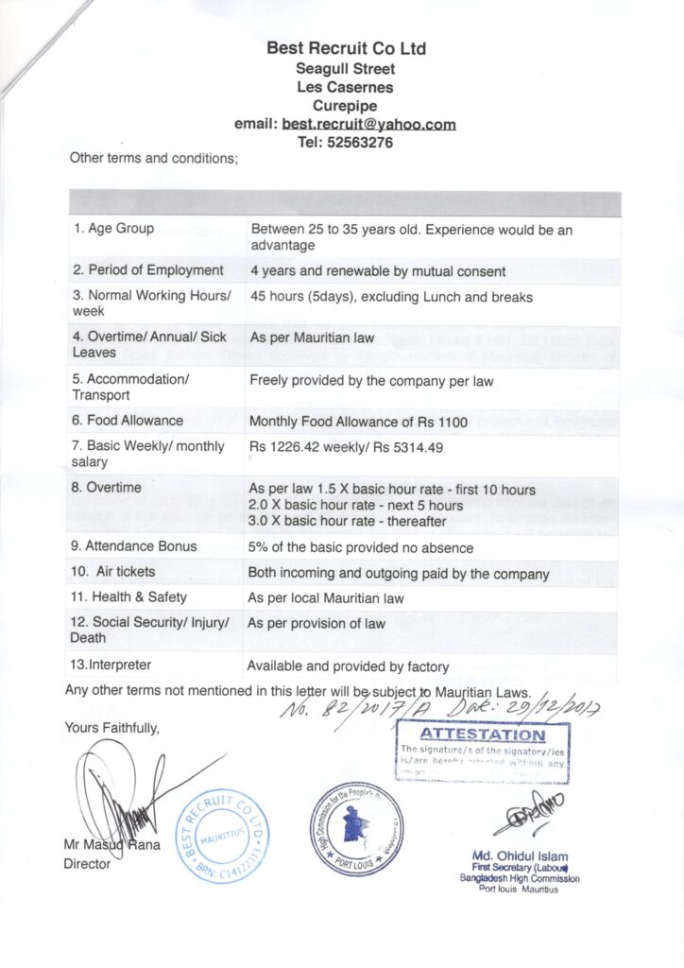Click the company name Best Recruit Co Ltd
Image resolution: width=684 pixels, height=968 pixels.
346,48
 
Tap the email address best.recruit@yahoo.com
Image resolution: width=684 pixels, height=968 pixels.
368,125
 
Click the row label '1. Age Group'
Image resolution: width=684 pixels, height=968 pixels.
113,229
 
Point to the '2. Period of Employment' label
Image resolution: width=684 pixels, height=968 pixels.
148,270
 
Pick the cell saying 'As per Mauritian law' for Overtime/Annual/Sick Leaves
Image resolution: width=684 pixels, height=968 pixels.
312,337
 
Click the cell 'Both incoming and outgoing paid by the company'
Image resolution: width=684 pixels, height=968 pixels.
398,573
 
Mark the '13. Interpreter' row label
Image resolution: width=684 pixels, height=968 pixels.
111,665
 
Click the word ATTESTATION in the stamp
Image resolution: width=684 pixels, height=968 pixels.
482,735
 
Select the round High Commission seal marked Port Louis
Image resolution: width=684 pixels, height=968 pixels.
356,829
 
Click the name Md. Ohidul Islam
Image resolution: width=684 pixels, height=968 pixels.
521,856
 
